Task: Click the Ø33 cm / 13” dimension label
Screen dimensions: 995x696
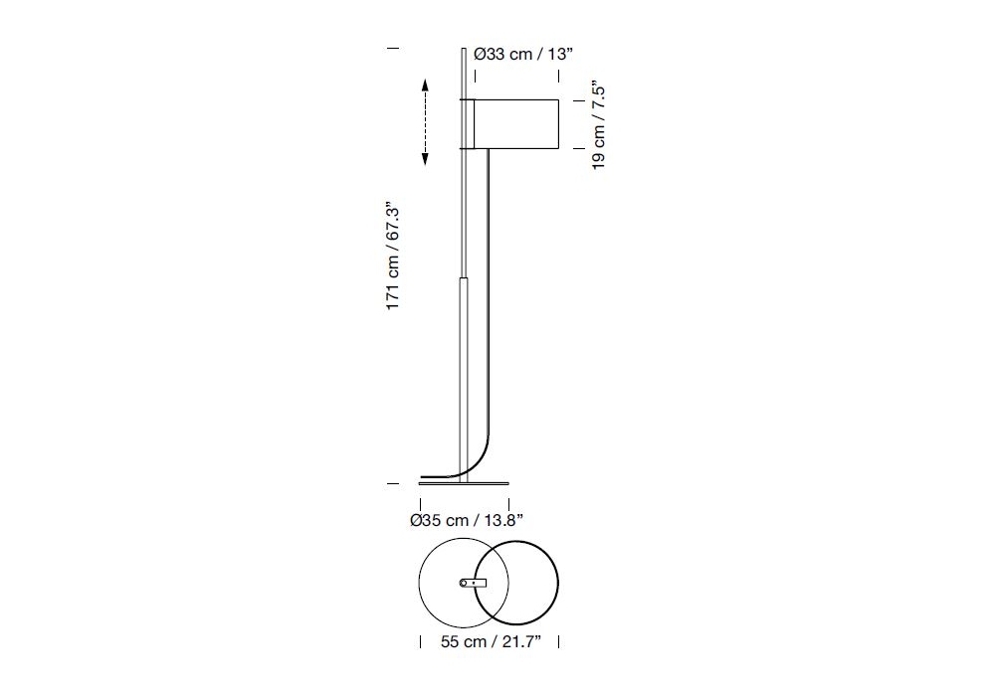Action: click(523, 54)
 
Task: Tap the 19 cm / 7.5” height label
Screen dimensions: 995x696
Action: click(598, 125)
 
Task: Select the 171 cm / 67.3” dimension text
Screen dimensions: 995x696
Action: click(393, 257)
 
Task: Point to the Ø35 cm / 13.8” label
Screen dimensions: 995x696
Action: click(467, 520)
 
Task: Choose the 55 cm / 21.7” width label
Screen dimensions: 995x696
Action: click(491, 641)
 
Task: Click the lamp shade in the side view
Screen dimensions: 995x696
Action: click(516, 124)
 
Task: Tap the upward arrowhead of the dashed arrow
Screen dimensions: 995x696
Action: click(425, 85)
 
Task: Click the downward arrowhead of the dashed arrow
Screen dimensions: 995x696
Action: click(425, 159)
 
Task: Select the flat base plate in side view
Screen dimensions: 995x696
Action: click(464, 483)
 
